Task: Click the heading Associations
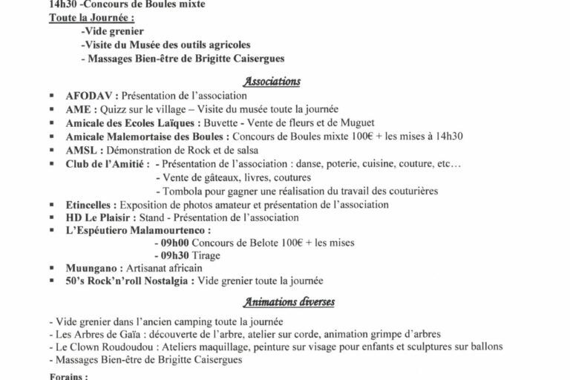click(270, 82)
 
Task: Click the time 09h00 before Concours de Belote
click(172, 242)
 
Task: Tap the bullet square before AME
click(51, 110)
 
